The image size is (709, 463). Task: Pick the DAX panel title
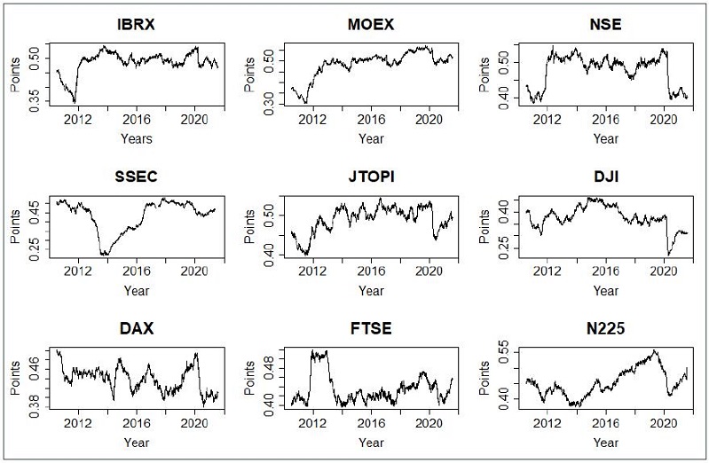(136, 328)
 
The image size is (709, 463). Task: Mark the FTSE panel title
(371, 328)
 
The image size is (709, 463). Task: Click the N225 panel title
(606, 328)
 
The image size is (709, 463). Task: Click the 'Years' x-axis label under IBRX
(137, 138)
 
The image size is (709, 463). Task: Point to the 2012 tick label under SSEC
(78, 271)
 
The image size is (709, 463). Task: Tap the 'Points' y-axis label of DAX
(15, 378)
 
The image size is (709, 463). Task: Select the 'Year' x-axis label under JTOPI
(371, 290)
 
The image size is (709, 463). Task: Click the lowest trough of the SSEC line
(105, 255)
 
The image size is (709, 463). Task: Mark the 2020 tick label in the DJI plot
(665, 271)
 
